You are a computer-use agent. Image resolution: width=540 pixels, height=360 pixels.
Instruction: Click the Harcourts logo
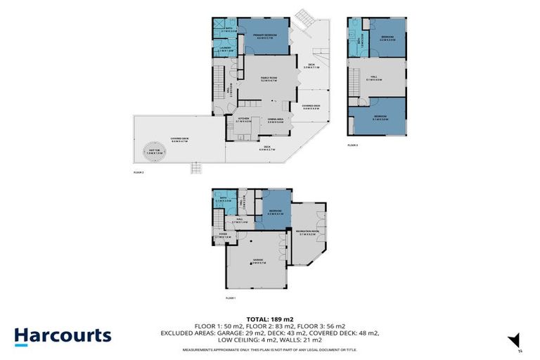click(63, 335)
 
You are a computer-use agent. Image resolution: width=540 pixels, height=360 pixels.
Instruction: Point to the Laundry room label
click(225, 49)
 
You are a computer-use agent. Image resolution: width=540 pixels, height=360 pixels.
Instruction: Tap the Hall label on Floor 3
click(373, 78)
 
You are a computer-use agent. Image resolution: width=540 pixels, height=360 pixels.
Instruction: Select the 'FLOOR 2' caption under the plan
click(139, 172)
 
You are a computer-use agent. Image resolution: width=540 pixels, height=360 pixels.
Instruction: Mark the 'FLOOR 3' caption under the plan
click(353, 145)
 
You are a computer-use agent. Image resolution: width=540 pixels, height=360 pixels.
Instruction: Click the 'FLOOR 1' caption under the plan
click(231, 299)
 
